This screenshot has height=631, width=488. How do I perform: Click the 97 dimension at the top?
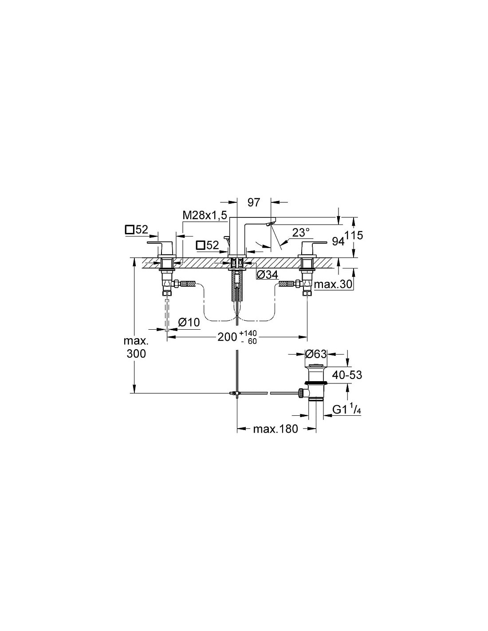253,202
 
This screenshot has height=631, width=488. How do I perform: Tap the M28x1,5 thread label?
205,216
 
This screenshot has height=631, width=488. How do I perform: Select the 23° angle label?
301,233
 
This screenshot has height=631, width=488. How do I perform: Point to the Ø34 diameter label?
268,274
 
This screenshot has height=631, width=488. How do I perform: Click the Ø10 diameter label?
189,322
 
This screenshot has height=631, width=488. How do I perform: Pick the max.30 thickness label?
333,284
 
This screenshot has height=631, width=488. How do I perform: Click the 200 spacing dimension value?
227,337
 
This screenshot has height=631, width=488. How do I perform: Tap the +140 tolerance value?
248,333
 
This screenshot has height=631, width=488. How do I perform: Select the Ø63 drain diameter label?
316,354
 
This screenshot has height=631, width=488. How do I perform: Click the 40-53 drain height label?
347,375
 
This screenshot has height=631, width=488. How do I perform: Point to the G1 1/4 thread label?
346,410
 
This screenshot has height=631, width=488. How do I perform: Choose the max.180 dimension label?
275,429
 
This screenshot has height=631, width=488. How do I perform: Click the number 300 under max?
136,354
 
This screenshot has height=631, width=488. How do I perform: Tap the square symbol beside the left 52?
130,230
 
